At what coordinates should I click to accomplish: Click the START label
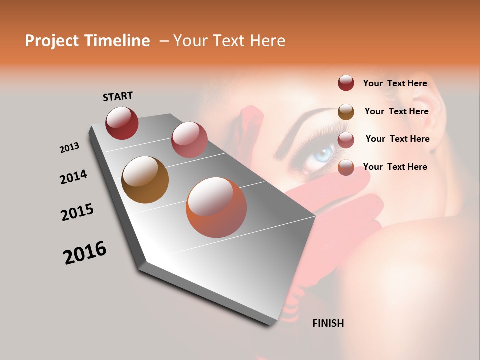click(118, 96)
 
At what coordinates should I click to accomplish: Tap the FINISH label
click(328, 323)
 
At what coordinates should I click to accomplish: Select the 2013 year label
click(70, 148)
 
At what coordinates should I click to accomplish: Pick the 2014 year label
click(74, 177)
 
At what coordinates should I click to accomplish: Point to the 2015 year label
click(77, 212)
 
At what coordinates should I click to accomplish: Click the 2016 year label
click(85, 253)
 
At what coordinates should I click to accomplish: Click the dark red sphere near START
click(122, 123)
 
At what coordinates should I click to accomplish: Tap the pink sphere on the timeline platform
click(189, 139)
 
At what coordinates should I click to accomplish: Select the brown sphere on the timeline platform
click(145, 180)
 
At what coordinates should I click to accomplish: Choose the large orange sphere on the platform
click(216, 207)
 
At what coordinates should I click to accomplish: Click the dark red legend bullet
click(346, 83)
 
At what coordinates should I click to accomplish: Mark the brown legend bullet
click(346, 112)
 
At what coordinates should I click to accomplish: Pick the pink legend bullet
click(346, 140)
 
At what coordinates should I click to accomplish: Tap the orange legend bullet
click(346, 168)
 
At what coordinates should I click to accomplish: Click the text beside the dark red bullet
click(395, 83)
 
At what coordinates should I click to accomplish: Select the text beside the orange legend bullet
click(395, 167)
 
